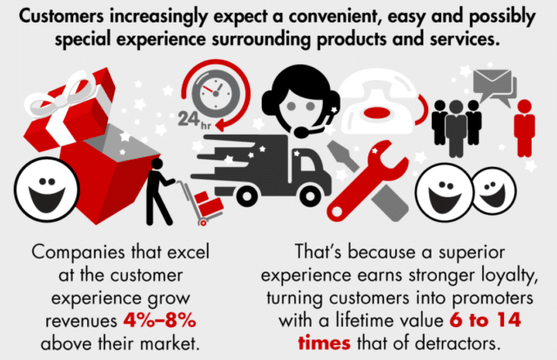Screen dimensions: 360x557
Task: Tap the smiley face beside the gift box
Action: pyautogui.click(x=40, y=187)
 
